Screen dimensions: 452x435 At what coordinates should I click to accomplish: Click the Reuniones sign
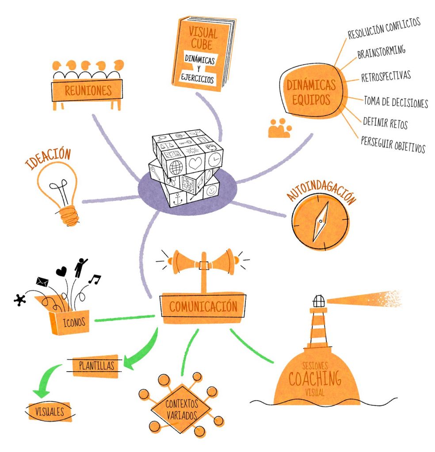point(87,90)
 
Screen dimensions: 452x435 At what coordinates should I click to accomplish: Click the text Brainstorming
point(381,53)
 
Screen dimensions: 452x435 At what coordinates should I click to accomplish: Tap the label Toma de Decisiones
point(396,102)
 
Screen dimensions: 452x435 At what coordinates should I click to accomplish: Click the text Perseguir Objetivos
point(393,144)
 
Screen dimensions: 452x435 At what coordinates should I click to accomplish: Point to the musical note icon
point(94,279)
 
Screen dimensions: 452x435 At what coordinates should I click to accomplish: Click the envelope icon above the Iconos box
point(42,281)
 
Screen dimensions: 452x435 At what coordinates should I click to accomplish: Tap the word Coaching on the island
point(315,378)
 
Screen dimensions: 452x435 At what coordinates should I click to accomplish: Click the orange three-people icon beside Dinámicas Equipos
point(279,128)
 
